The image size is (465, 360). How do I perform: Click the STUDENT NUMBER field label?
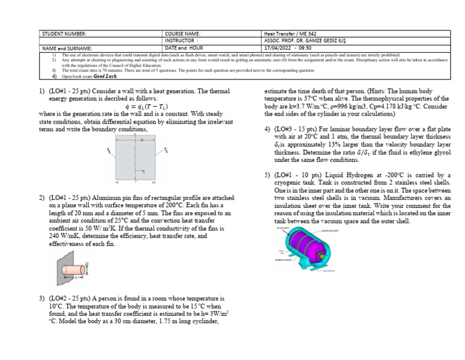tap(64, 34)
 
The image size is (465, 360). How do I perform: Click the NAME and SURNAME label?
tap(67, 47)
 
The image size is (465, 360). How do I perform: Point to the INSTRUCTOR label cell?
tap(182, 41)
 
